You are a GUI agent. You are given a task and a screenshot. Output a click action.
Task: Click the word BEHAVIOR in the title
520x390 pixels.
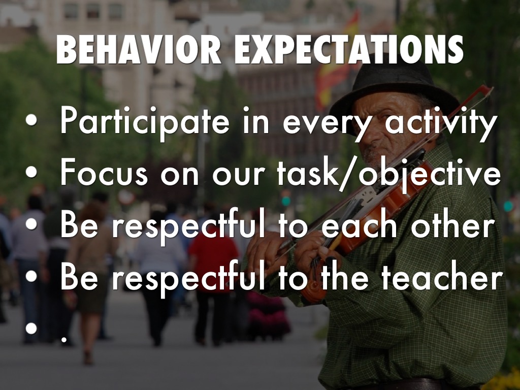point(139,49)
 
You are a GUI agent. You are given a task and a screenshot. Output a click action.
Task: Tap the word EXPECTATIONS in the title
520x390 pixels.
point(349,49)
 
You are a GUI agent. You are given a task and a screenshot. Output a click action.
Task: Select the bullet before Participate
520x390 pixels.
point(31,120)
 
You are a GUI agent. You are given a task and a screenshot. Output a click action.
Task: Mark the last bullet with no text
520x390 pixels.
point(31,328)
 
